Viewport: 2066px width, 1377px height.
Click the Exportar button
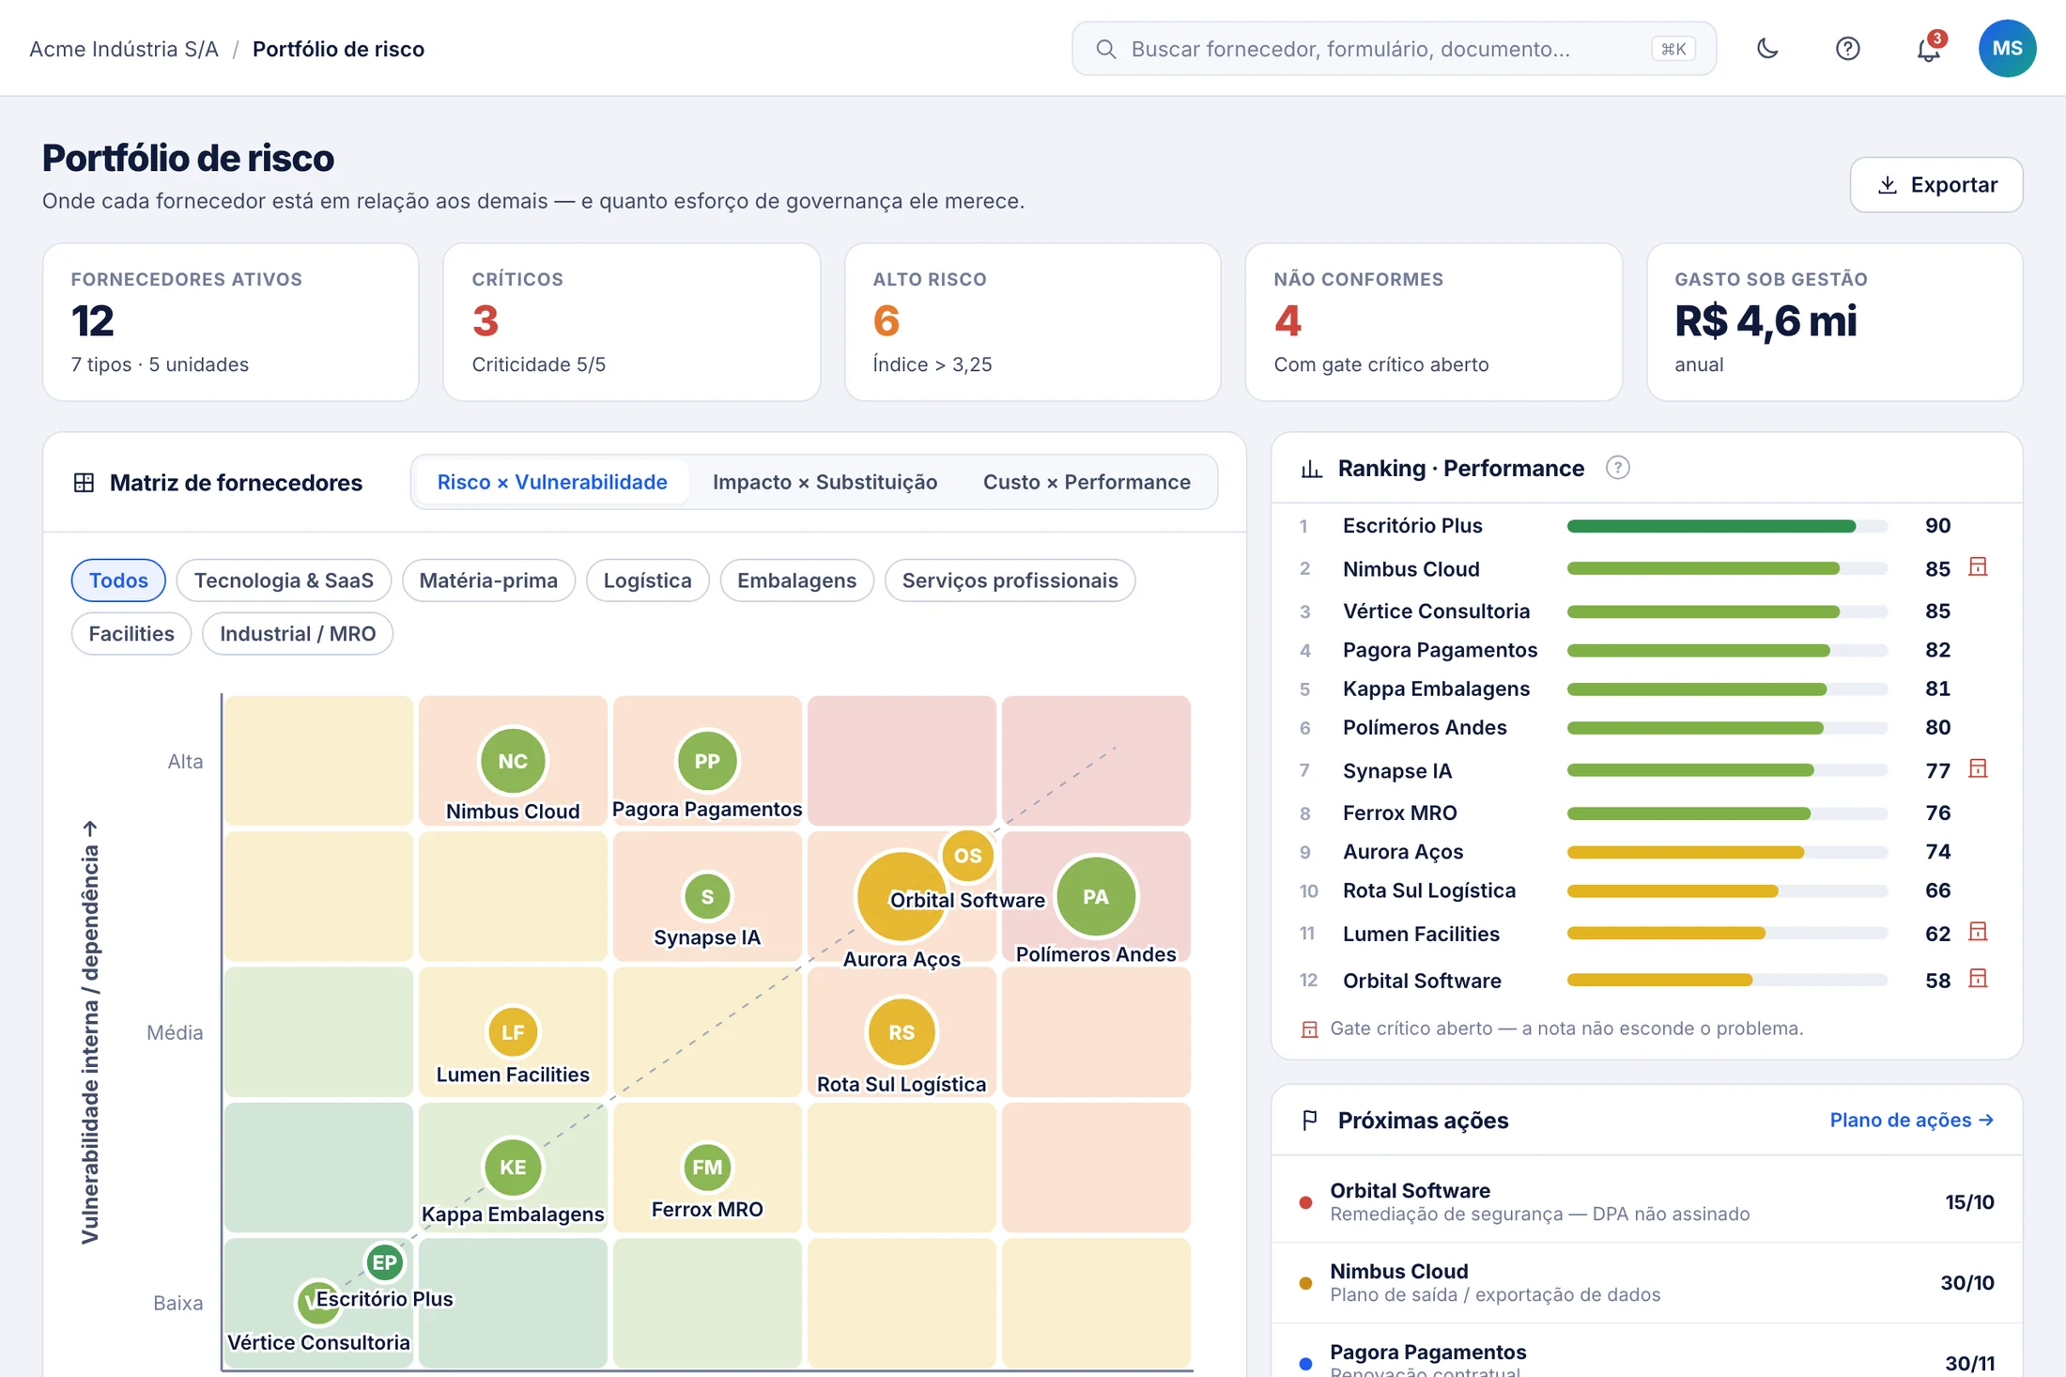tap(1935, 185)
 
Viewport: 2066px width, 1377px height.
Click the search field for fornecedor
tap(1394, 49)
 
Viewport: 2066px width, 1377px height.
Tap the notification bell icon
tap(1928, 49)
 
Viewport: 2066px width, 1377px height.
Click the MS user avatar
tap(2007, 49)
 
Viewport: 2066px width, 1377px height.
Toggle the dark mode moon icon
tap(1767, 49)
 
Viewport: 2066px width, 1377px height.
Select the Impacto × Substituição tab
tap(825, 482)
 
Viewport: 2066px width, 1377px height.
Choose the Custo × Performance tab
tap(1087, 482)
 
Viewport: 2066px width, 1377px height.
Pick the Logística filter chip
tap(647, 580)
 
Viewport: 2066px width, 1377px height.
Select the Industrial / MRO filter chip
tap(298, 634)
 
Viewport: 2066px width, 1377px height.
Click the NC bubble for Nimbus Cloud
tap(513, 761)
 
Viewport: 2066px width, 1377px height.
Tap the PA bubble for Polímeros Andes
tap(1096, 897)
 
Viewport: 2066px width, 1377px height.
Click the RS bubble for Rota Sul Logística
tap(902, 1032)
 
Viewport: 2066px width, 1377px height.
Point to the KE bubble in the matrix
tap(513, 1168)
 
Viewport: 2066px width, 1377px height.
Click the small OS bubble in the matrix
tap(967, 856)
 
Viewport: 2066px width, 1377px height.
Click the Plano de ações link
tap(1911, 1120)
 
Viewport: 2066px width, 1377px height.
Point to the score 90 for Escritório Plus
tap(1937, 526)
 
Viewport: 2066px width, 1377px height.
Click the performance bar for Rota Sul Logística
tap(1727, 891)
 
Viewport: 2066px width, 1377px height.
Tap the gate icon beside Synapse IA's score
tap(1978, 769)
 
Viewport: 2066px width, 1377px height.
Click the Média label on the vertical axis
tap(175, 1032)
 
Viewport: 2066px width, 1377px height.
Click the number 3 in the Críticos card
tap(486, 321)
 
